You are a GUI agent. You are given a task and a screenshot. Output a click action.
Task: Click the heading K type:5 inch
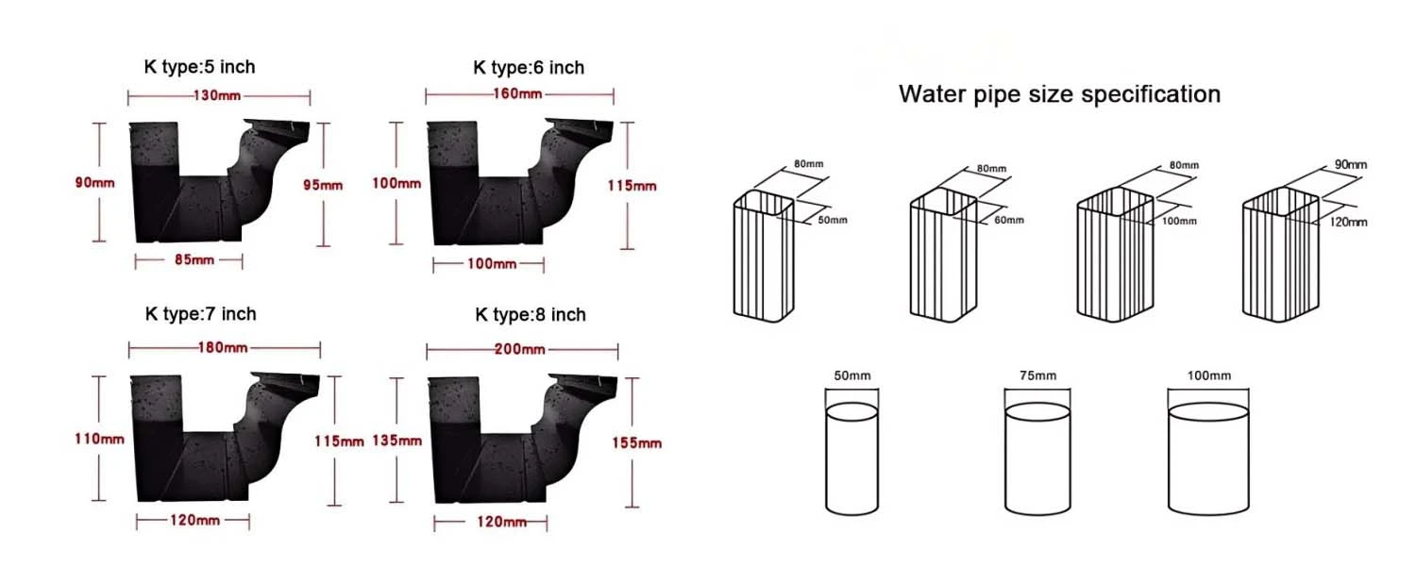click(200, 67)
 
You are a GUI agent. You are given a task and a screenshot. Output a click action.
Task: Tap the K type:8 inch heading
click(531, 314)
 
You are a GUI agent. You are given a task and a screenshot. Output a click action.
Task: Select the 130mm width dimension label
click(217, 96)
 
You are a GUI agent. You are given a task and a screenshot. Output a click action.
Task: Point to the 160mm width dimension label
click(517, 94)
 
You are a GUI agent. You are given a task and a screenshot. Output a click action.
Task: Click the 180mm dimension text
click(223, 348)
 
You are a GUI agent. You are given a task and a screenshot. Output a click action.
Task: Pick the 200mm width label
click(519, 349)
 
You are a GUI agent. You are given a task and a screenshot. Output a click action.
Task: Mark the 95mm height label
click(323, 186)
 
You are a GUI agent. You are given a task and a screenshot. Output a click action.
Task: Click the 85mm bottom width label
click(194, 259)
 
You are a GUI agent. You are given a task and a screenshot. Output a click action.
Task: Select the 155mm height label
click(636, 442)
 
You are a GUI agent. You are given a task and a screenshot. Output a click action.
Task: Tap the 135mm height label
click(397, 441)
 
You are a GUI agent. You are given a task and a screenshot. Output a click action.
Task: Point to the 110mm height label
click(99, 439)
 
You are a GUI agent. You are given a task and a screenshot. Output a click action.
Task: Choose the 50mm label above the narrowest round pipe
click(852, 375)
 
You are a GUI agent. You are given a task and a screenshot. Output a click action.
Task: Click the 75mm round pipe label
click(1038, 375)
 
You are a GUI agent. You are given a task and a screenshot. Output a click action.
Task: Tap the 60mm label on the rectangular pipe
click(1009, 221)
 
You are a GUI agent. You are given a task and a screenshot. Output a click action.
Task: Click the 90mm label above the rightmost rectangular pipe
click(1351, 165)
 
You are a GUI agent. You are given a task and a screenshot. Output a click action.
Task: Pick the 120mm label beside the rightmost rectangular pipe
click(1348, 223)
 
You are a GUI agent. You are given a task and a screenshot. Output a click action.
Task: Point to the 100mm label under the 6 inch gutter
click(492, 264)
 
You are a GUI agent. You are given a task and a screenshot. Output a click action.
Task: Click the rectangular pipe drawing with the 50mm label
click(764, 256)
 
